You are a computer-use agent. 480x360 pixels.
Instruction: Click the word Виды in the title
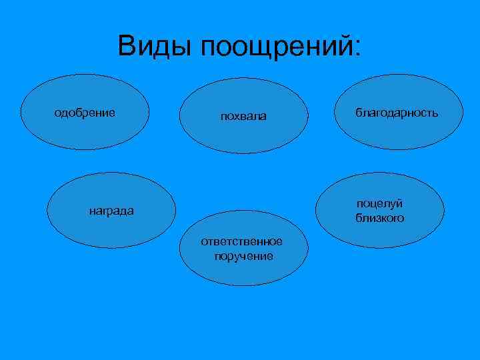(155, 47)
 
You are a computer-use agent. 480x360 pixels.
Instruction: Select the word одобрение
(84, 113)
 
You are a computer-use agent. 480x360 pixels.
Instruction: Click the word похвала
(243, 117)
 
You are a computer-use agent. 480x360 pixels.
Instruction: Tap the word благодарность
(397, 113)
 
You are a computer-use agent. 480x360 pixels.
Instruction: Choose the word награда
(111, 211)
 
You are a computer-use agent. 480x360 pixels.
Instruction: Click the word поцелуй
(379, 205)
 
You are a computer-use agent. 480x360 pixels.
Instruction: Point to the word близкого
(379, 218)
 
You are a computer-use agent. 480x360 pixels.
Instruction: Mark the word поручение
(243, 255)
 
